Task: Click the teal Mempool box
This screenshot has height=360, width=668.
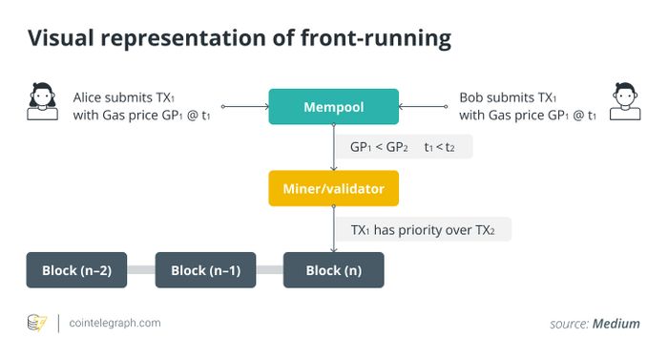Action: [333, 107]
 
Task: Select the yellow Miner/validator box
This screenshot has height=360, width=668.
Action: [333, 188]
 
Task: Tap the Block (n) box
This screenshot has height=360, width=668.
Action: [333, 270]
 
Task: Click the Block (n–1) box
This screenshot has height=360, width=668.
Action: [205, 270]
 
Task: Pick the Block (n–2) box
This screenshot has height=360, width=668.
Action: [77, 270]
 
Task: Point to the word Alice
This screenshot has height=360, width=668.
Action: [91, 97]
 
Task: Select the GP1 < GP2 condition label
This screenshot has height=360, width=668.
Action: [375, 148]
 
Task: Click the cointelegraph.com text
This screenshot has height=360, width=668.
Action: [115, 323]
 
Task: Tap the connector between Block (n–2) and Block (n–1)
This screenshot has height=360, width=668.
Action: [141, 270]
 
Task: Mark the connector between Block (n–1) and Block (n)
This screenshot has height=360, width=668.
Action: [269, 270]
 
